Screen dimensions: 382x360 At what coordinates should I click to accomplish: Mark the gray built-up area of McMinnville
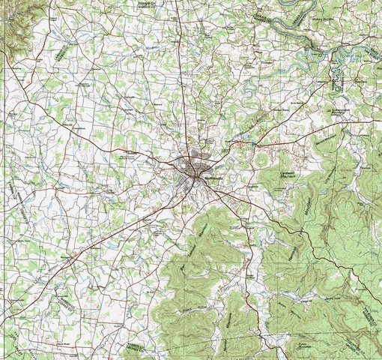192,166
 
